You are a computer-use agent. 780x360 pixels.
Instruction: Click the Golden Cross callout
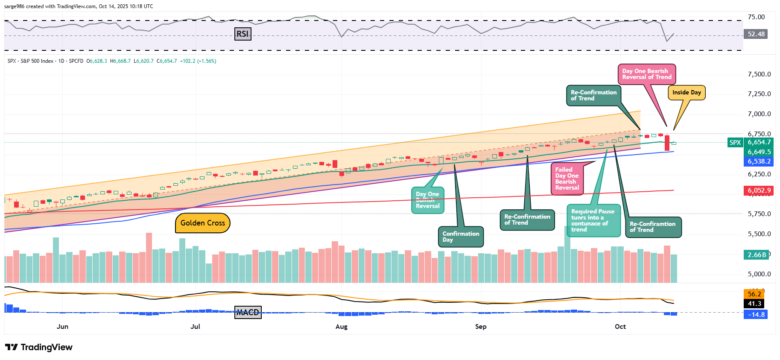tap(202, 223)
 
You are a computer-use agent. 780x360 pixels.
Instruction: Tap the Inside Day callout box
tap(687, 93)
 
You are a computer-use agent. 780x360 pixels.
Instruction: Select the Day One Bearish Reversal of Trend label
tap(646, 74)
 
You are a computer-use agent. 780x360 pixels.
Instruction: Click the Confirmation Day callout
tap(461, 237)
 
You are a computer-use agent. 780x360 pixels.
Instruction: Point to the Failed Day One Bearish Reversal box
tap(567, 179)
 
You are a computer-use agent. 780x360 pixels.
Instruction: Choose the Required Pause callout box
tap(593, 220)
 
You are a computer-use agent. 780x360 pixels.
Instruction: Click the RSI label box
tap(242, 34)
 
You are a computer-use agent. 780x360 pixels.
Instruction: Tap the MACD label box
tap(248, 312)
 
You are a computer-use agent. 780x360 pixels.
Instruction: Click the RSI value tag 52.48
tap(756, 34)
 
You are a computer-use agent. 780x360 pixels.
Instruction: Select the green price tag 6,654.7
tap(759, 143)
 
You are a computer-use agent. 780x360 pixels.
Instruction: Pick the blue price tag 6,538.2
tap(759, 161)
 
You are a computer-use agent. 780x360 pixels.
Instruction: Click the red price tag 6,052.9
tap(759, 190)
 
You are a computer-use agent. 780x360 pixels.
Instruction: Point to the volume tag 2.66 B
tap(756, 255)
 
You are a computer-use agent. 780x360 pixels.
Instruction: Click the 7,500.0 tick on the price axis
tap(759, 74)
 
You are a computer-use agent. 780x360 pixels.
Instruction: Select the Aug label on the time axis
tap(342, 327)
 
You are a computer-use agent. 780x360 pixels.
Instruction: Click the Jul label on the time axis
tap(195, 327)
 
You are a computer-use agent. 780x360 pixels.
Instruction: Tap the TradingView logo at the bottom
tap(39, 347)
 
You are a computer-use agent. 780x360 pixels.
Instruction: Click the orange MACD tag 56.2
tap(754, 294)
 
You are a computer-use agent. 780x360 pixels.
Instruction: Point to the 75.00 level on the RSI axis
tap(756, 17)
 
